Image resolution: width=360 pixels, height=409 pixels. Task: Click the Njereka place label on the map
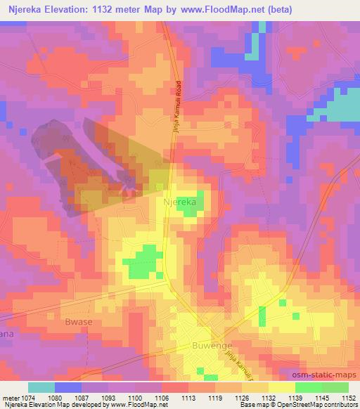(x=179, y=201)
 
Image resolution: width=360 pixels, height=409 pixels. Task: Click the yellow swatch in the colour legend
(x=281, y=387)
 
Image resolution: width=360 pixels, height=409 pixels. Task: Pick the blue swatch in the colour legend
(x=69, y=387)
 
